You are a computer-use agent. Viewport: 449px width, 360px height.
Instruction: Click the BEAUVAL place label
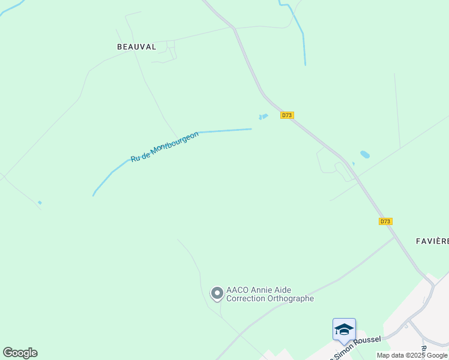point(136,46)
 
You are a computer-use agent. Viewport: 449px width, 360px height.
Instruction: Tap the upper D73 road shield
point(287,115)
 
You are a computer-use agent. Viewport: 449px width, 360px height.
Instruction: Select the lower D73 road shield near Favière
point(385,221)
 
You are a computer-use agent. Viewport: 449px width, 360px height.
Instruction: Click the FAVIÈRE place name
point(432,241)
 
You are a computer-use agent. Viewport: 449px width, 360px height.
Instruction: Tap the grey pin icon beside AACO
point(217,293)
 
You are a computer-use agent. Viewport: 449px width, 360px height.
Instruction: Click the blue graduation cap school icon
point(344,329)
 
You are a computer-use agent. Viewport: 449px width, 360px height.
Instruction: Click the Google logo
point(20,353)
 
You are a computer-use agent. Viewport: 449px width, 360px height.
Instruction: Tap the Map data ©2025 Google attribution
point(412,355)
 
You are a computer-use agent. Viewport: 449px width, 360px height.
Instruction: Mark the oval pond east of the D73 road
point(365,154)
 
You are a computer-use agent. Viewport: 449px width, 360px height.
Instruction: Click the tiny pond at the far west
point(40,203)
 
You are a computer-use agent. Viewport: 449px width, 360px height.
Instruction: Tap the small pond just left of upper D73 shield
point(263,116)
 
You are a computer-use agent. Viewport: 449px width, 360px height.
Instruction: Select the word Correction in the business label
point(247,298)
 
